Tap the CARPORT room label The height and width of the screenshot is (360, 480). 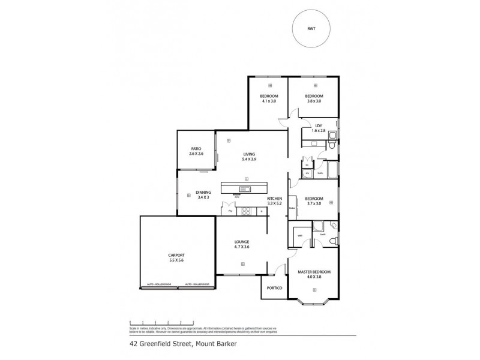176,255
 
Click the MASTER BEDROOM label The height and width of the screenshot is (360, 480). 314,272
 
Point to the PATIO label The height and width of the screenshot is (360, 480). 196,149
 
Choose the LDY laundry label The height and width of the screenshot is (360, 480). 319,125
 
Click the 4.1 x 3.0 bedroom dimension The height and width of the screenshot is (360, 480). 268,101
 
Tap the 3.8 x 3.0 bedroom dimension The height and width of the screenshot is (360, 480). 314,101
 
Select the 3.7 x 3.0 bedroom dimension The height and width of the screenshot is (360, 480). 314,203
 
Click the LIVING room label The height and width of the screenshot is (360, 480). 241,153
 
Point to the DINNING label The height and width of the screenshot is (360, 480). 203,192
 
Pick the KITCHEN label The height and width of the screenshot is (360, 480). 274,198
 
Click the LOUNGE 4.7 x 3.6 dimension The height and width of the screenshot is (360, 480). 241,247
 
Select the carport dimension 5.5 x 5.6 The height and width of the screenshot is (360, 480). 176,260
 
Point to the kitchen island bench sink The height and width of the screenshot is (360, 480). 244,189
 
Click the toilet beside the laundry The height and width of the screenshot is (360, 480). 331,143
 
